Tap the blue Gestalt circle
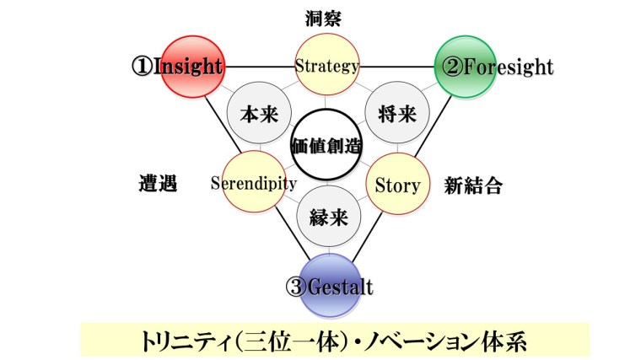(329, 282)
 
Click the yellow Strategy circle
(327, 65)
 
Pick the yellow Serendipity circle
(253, 183)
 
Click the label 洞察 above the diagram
(327, 15)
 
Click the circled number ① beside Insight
(140, 67)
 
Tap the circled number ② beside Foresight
(453, 67)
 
